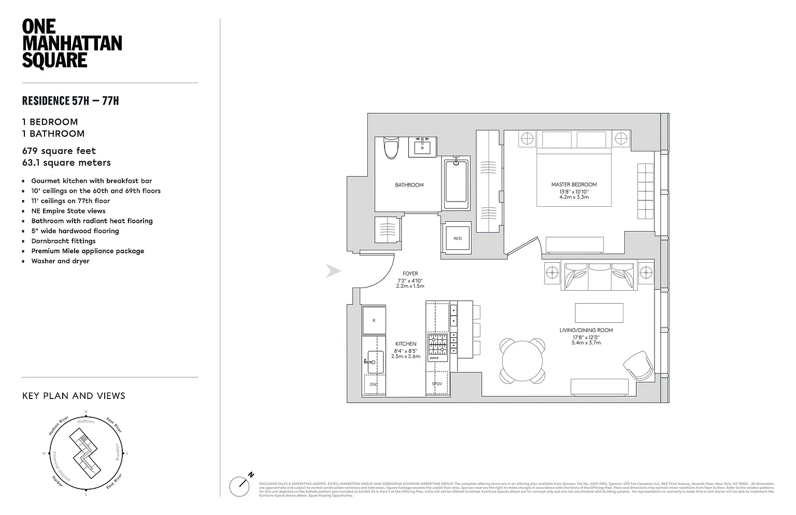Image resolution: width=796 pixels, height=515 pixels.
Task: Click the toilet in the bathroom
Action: pyautogui.click(x=391, y=148)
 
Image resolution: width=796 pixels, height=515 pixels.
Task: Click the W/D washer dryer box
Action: pyautogui.click(x=457, y=239)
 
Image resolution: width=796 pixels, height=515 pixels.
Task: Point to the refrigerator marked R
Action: pyautogui.click(x=374, y=320)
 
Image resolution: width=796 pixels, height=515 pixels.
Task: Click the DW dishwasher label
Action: pyautogui.click(x=374, y=384)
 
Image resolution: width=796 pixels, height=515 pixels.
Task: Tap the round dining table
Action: pyautogui.click(x=522, y=360)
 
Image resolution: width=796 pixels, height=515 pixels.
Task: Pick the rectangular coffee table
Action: pyautogui.click(x=599, y=313)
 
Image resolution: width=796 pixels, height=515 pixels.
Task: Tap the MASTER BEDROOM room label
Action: pyautogui.click(x=574, y=184)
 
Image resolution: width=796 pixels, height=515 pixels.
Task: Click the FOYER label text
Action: pyautogui.click(x=410, y=274)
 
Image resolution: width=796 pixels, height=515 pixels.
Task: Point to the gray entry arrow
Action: pyautogui.click(x=333, y=270)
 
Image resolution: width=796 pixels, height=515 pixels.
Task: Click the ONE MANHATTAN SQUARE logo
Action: pyautogui.click(x=72, y=44)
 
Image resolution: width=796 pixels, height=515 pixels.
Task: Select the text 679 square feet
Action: pyautogui.click(x=59, y=151)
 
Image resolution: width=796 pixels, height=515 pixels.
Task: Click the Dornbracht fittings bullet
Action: pyautogui.click(x=63, y=241)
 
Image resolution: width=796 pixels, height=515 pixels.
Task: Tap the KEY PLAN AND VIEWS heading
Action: pyautogui.click(x=74, y=396)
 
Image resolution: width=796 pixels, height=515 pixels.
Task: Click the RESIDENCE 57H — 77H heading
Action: pyautogui.click(x=70, y=101)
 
